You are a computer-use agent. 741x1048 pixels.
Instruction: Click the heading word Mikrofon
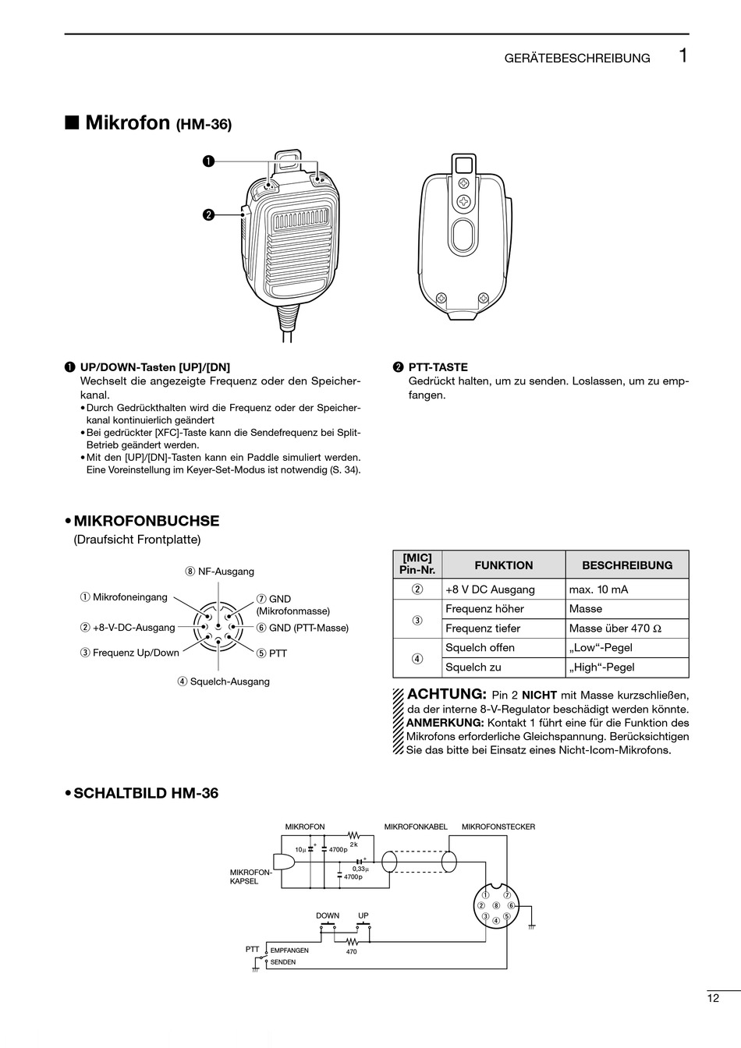pos(127,122)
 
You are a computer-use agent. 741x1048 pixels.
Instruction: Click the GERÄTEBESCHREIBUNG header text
pos(576,58)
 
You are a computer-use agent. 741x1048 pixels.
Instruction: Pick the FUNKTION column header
pos(503,565)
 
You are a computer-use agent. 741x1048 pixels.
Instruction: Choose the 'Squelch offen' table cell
pos(480,648)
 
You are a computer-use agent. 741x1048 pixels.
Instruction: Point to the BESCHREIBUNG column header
pos(627,565)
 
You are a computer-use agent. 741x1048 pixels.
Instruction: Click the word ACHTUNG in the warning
pos(447,694)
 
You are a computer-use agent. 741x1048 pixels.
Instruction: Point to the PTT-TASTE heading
pos(438,367)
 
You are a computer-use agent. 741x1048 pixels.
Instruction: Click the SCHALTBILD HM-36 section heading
pos(145,793)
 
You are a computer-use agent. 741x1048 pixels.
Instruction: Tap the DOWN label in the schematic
pos(328,915)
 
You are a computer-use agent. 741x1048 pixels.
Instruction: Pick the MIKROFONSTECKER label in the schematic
pos(498,827)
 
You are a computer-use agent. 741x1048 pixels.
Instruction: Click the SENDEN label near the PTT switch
pos(282,962)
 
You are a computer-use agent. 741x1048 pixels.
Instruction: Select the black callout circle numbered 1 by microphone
pos(208,161)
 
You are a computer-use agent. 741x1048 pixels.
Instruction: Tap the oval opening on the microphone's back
pos(463,238)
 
